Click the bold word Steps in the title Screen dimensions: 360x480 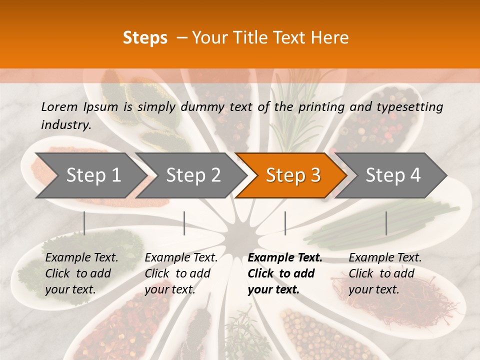145,38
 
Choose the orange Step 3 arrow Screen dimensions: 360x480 293,175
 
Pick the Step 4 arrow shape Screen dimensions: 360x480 393,175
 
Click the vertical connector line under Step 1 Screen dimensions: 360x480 84,223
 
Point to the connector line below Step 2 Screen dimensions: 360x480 184,223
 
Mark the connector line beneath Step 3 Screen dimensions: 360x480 285,223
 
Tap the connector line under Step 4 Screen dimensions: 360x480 386,223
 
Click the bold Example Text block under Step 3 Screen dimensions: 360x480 284,273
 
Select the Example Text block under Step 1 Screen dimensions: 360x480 81,273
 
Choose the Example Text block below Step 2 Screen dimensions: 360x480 181,273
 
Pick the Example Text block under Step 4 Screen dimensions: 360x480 385,273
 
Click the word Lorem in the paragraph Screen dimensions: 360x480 59,106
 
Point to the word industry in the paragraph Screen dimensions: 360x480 66,125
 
